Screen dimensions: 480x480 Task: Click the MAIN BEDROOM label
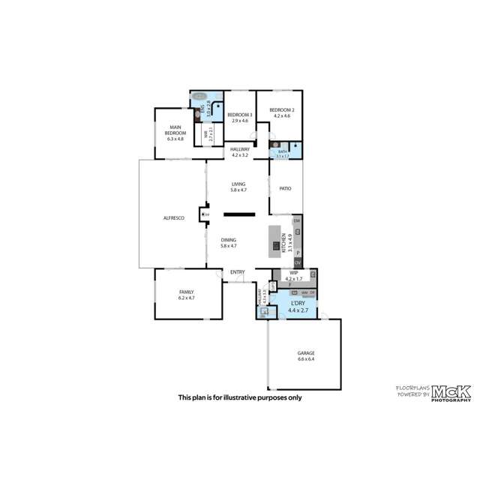pos(175,130)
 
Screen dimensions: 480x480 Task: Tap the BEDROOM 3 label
pos(240,114)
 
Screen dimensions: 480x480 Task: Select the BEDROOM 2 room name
pos(283,110)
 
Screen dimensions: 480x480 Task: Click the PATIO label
pos(285,189)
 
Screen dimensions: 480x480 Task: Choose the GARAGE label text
pos(305,352)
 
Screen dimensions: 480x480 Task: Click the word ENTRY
pos(237,272)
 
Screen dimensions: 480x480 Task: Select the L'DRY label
pos(298,303)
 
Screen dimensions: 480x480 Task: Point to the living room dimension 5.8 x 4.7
pos(238,190)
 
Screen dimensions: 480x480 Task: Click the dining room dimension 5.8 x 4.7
pos(229,246)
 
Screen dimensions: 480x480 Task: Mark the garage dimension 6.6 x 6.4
pos(305,359)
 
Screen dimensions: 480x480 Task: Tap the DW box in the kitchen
pos(297,221)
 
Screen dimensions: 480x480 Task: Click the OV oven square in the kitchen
pos(297,262)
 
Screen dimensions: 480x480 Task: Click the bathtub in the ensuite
pos(199,97)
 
